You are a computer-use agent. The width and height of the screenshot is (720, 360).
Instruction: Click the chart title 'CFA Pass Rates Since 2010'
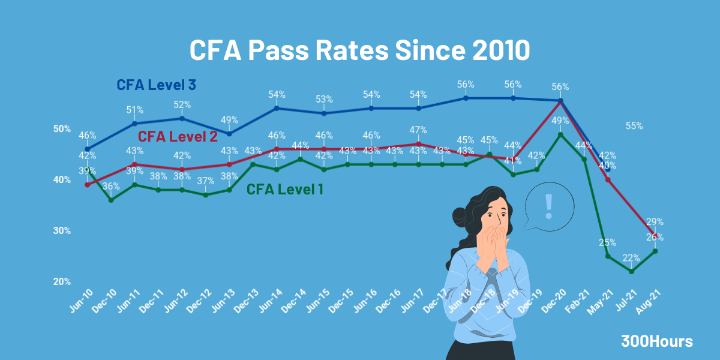[359, 50]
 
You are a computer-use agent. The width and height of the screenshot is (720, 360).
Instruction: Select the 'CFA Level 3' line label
[157, 85]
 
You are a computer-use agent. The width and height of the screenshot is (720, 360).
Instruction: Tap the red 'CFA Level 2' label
[178, 136]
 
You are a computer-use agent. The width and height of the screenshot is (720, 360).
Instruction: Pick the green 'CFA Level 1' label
[285, 190]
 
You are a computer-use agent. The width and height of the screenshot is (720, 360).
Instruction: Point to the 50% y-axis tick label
[62, 129]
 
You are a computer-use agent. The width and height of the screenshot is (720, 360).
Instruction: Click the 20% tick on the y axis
[62, 281]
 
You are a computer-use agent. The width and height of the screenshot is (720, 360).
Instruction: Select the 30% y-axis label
[62, 231]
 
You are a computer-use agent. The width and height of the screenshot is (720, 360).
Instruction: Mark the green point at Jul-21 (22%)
[632, 271]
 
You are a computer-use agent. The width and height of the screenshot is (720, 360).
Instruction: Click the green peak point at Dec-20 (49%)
[560, 134]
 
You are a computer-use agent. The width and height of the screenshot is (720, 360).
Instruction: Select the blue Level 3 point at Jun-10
[88, 149]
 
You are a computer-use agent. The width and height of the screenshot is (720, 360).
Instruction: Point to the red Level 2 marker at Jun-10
[88, 185]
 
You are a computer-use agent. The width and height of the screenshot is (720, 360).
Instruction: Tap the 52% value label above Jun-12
[182, 104]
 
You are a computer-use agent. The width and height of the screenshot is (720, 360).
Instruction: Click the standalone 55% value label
[634, 126]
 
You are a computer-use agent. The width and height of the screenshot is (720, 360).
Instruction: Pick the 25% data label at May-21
[607, 243]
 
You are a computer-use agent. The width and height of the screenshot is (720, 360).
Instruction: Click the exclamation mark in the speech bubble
[548, 206]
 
